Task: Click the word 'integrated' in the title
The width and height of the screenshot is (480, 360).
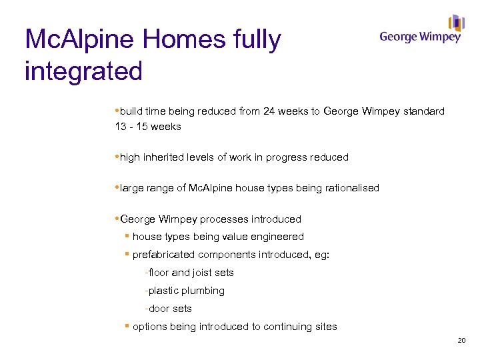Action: click(x=83, y=71)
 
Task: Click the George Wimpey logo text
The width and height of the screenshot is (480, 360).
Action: click(x=419, y=37)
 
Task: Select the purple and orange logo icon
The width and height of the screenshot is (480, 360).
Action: click(x=457, y=23)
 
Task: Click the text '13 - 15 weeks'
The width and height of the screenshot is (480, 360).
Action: click(x=148, y=126)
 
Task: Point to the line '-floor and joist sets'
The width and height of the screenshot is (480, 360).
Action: click(x=189, y=273)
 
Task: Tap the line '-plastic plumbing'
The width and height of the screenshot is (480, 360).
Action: click(x=185, y=291)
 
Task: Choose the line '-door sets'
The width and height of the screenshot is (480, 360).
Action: click(x=168, y=309)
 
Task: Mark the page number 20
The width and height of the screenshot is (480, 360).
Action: click(x=461, y=341)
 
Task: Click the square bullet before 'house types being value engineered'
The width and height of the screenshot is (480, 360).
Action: click(x=126, y=237)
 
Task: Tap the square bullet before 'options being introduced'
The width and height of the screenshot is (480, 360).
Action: click(x=126, y=326)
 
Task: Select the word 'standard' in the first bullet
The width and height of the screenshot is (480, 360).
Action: click(x=423, y=111)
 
